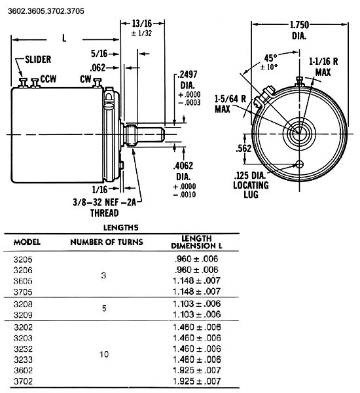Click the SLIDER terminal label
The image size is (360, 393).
tap(38, 60)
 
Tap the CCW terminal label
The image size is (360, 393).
tap(48, 79)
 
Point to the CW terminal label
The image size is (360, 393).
tap(86, 79)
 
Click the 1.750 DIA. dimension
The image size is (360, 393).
tap(299, 30)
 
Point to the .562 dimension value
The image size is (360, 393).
tap(243, 149)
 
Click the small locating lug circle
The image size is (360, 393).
tap(300, 164)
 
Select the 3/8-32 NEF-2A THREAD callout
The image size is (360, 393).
tap(105, 208)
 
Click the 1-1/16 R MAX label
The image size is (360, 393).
tap(323, 67)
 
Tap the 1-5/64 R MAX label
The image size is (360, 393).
tap(230, 103)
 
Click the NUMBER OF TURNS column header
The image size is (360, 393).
tap(107, 242)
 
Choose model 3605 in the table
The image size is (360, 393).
tap(23, 281)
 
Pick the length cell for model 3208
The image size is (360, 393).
tap(197, 304)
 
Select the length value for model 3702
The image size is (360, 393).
tap(197, 381)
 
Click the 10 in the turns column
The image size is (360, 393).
tap(104, 354)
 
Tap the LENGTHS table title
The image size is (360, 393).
tap(120, 227)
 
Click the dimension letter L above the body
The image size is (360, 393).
tap(64, 38)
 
